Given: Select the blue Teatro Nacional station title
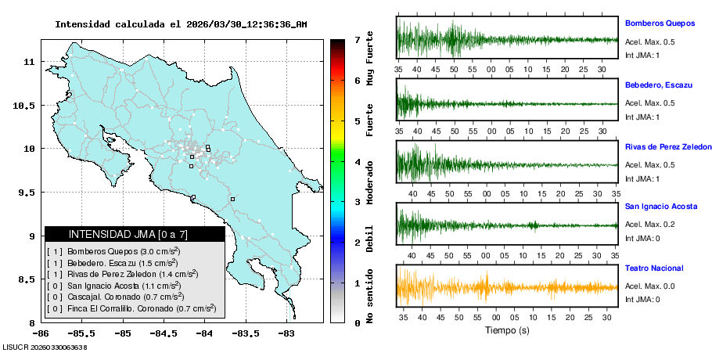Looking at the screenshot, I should tap(654, 268).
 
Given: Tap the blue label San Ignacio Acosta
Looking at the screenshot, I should tap(661, 207).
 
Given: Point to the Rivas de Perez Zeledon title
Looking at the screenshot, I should tap(668, 147).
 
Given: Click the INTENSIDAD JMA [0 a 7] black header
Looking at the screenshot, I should tap(135, 234).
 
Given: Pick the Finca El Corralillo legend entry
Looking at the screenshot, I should tap(131, 308).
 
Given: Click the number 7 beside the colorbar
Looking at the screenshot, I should tap(357, 39).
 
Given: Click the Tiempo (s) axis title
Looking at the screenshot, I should tap(508, 331).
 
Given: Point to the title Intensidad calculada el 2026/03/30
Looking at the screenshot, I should tap(181, 24).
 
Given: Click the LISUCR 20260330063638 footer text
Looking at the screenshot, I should tap(45, 347).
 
